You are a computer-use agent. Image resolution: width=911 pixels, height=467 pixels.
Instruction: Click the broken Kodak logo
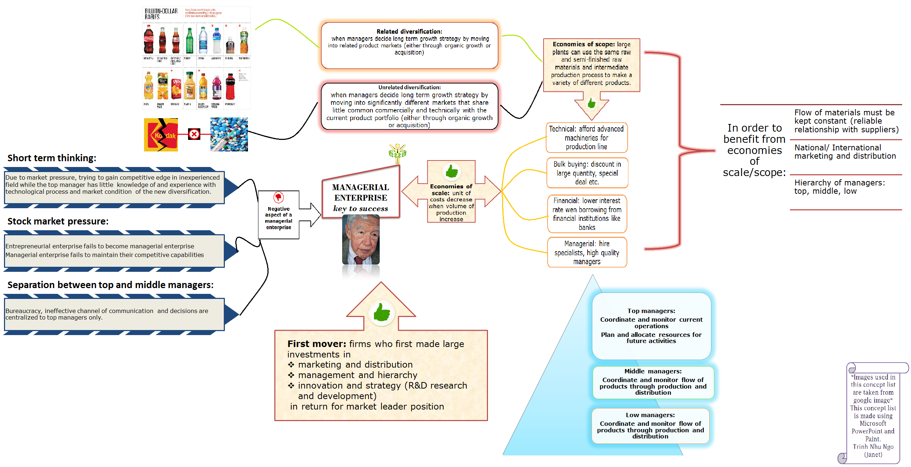click(x=161, y=134)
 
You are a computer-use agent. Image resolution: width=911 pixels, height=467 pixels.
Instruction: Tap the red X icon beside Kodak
click(x=194, y=134)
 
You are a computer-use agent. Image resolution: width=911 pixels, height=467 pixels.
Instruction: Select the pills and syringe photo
click(x=229, y=134)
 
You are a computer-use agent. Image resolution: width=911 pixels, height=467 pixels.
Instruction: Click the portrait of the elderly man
click(x=361, y=240)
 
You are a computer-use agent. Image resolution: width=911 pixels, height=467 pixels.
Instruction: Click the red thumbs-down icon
click(x=278, y=197)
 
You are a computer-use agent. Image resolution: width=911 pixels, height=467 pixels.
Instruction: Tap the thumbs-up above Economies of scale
click(x=451, y=171)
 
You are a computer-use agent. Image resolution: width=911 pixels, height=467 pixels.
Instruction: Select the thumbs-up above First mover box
click(x=381, y=312)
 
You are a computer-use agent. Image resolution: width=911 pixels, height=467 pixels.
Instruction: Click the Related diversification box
click(x=409, y=46)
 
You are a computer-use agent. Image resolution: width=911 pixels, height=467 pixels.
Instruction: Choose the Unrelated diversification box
click(x=409, y=106)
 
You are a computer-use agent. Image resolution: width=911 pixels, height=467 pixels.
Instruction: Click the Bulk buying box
click(x=587, y=173)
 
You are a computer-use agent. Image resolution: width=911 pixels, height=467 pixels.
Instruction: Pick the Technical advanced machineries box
click(x=587, y=138)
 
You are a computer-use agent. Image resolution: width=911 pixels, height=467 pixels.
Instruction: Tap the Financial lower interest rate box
click(x=587, y=214)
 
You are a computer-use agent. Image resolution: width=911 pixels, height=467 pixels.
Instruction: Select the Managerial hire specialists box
click(x=587, y=252)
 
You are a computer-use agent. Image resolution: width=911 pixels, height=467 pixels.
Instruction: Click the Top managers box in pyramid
click(x=651, y=326)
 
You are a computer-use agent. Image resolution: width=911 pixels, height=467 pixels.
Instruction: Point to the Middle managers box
click(x=653, y=382)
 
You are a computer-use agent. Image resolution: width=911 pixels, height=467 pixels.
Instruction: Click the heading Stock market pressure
click(x=58, y=221)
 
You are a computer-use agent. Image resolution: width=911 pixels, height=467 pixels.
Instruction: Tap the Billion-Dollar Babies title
click(x=161, y=14)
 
